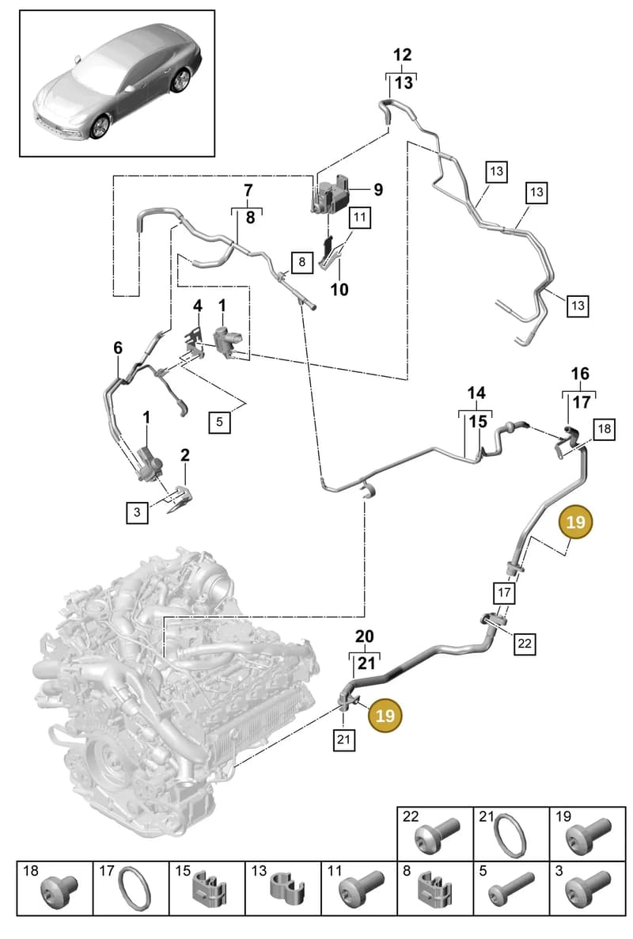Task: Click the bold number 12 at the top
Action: [402, 55]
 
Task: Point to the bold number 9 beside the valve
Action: [378, 190]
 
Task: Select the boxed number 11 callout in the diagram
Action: [359, 216]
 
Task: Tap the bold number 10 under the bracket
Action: [339, 289]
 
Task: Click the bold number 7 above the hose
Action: [248, 191]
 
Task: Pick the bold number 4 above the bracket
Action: [198, 306]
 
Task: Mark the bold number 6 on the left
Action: [118, 348]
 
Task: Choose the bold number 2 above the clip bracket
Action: [185, 454]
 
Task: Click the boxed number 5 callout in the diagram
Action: [220, 421]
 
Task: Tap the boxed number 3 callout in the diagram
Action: [137, 512]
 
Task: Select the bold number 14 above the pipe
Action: [476, 393]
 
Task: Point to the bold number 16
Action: [580, 374]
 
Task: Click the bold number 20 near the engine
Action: [364, 636]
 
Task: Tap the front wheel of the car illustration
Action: [100, 127]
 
